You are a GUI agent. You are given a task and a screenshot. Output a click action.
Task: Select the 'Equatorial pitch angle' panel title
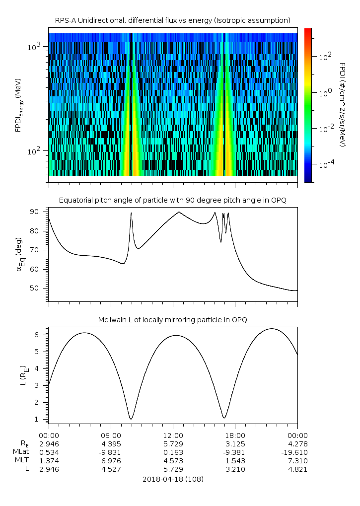tap(173, 200)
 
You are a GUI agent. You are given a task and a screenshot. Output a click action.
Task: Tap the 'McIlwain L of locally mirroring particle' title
tap(173, 320)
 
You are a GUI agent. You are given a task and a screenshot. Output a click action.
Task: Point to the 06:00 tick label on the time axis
tap(111, 435)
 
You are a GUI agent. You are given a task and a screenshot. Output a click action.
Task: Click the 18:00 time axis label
tap(235, 435)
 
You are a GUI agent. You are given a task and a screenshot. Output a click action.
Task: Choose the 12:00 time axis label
tap(173, 435)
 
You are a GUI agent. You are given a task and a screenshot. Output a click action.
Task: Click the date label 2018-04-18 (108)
tap(173, 479)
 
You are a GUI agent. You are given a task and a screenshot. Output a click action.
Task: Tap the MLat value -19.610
tap(297, 452)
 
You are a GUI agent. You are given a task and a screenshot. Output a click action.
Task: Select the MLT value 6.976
tap(111, 461)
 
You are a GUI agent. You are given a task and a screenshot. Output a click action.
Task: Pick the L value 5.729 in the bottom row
tap(173, 469)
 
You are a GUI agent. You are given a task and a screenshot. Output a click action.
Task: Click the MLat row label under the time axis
tap(20, 452)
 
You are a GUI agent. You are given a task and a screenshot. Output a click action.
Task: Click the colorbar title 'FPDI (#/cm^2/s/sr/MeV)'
tap(343, 104)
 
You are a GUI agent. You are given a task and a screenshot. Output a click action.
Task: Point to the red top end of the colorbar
tap(308, 31)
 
